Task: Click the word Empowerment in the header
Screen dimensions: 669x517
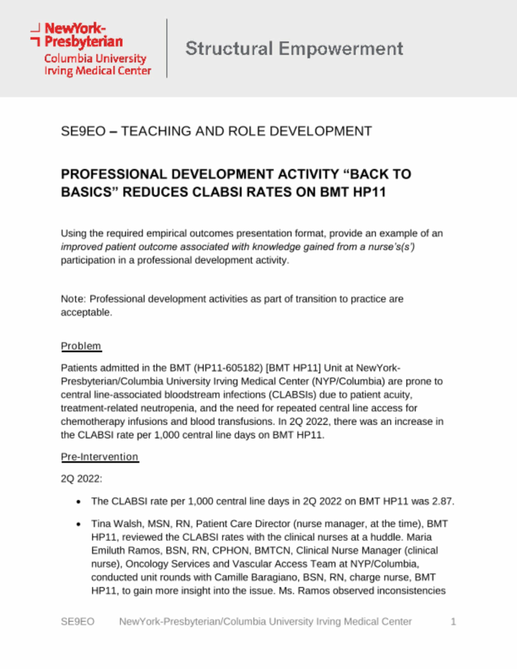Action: (341, 49)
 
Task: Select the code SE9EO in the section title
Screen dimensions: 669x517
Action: (83, 131)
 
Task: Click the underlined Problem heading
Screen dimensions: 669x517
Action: (81, 346)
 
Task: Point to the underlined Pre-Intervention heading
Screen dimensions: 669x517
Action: (99, 457)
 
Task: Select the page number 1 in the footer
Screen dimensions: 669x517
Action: (453, 622)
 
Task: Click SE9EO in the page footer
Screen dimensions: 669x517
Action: (77, 622)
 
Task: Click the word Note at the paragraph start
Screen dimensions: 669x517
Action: (72, 299)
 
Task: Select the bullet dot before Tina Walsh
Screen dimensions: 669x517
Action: (78, 524)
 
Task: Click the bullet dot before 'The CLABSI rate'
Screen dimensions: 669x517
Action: (78, 502)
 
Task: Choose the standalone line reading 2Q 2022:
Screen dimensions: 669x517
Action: (81, 479)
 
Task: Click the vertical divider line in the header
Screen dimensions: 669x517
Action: (167, 48)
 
